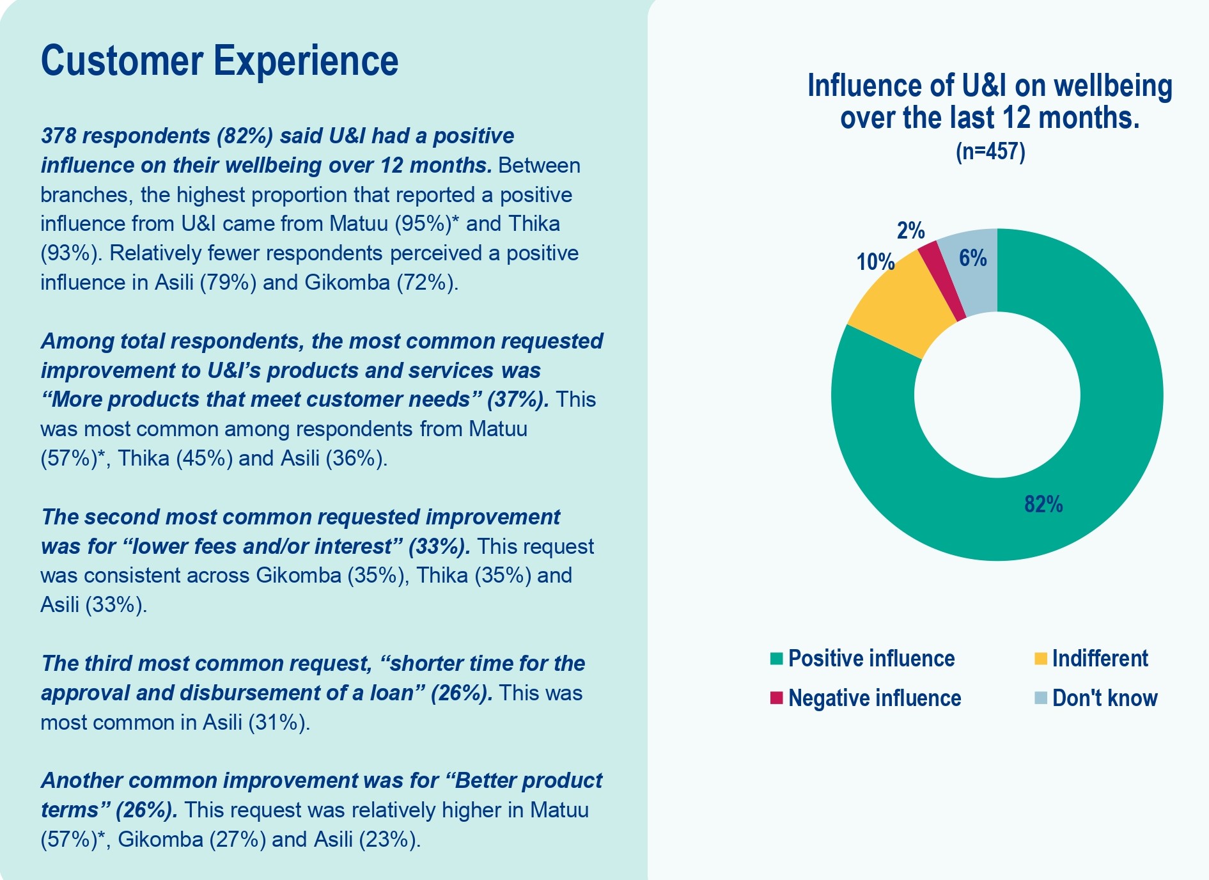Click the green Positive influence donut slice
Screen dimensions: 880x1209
click(1087, 448)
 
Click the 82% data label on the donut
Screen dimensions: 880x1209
click(1043, 505)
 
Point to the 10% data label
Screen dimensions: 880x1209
click(875, 262)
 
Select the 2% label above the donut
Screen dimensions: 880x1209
click(910, 231)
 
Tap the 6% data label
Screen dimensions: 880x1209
click(972, 258)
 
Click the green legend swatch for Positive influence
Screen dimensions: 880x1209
click(777, 659)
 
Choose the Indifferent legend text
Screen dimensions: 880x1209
click(1100, 659)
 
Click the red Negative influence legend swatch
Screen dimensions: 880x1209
click(777, 698)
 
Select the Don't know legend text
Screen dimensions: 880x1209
click(1105, 698)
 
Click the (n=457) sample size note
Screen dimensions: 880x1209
click(990, 152)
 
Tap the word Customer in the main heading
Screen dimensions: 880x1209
click(122, 61)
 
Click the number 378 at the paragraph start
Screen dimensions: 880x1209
click(59, 136)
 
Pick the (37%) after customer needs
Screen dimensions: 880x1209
click(517, 400)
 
